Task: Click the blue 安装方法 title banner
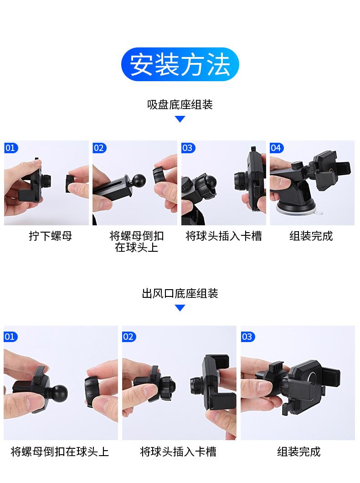pyautogui.click(x=180, y=64)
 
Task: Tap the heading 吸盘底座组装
pyautogui.click(x=180, y=105)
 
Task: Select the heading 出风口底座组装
pyautogui.click(x=180, y=293)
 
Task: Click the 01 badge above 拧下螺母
pyautogui.click(x=11, y=148)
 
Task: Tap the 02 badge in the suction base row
pyautogui.click(x=99, y=148)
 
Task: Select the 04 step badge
pyautogui.click(x=276, y=148)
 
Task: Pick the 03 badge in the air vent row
pyautogui.click(x=248, y=337)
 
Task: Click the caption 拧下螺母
pyautogui.click(x=51, y=236)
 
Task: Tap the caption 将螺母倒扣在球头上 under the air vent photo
pyautogui.click(x=60, y=452)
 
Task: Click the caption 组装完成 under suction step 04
pyautogui.click(x=311, y=236)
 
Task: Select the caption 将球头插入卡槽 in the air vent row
pyautogui.click(x=178, y=452)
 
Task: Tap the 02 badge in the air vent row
pyautogui.click(x=129, y=337)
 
